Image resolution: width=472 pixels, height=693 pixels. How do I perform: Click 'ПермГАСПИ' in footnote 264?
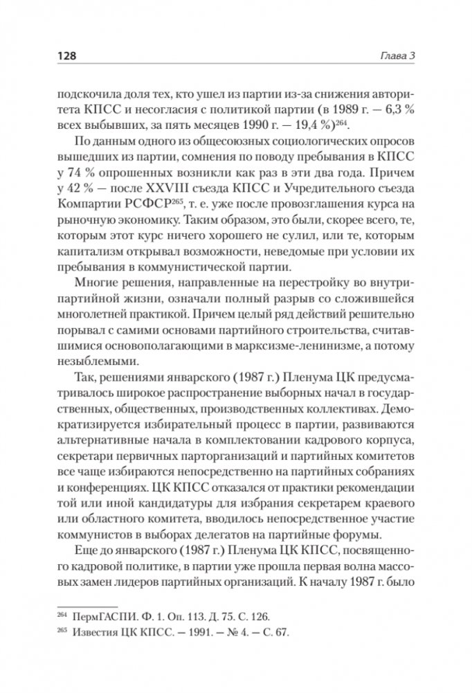point(101,615)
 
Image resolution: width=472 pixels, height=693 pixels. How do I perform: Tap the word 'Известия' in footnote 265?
point(97,632)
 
